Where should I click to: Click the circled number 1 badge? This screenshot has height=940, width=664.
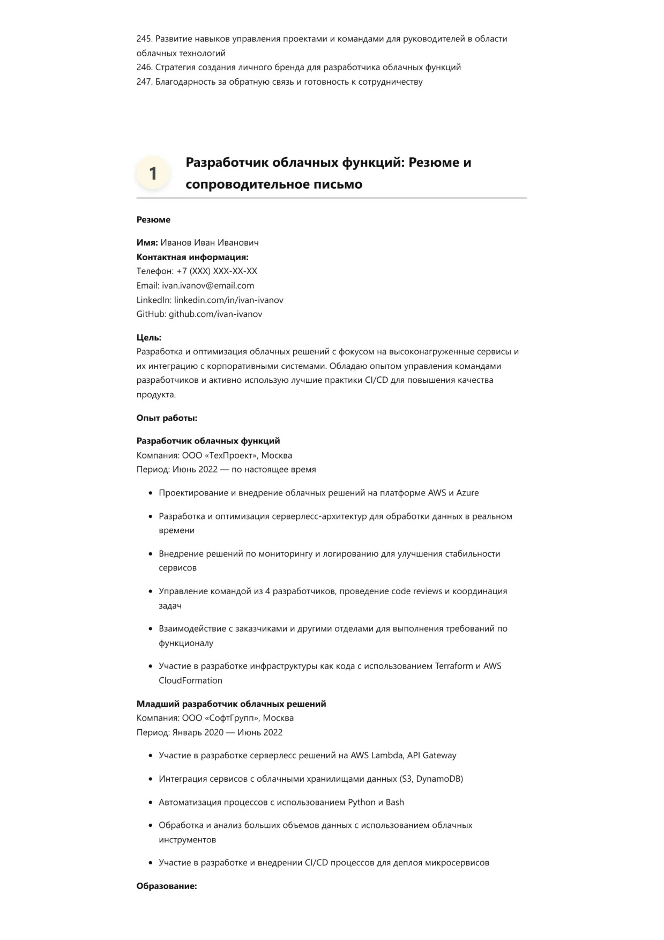[153, 173]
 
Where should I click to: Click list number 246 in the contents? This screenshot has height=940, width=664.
[144, 68]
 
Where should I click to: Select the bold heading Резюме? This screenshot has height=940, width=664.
[153, 220]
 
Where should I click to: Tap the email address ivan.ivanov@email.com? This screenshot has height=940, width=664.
[208, 286]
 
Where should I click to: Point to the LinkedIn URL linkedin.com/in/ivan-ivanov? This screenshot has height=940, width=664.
[228, 300]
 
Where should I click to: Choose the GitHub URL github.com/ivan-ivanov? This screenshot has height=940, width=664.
[215, 314]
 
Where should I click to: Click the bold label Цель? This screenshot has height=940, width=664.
[149, 338]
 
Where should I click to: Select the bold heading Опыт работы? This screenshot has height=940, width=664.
[167, 418]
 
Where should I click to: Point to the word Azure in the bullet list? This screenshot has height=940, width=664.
[467, 493]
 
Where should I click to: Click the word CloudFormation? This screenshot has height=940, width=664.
[190, 680]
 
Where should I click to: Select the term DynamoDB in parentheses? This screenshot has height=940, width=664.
[437, 779]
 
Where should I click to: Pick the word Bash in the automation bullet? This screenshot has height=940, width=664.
[394, 803]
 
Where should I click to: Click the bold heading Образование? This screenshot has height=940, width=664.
[167, 886]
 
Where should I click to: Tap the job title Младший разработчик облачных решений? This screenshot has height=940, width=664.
[231, 704]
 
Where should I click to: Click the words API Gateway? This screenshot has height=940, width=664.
[431, 756]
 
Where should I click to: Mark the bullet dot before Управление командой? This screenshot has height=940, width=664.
[151, 591]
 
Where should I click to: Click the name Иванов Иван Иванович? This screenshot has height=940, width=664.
[210, 243]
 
